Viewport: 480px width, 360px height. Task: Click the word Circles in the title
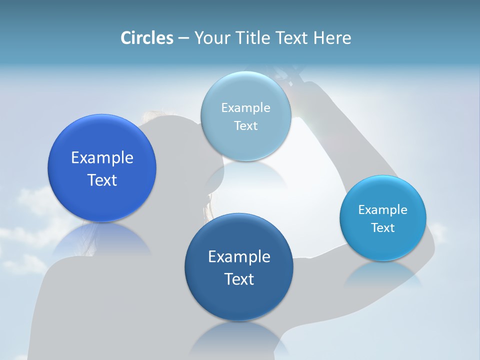146,38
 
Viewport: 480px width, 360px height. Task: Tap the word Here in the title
332,38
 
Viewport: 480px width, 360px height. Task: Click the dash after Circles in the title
183,38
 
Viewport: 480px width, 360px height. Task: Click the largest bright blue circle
102,145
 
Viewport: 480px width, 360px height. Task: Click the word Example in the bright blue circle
102,158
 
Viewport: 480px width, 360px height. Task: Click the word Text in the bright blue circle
102,180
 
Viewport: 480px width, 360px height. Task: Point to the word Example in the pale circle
245,108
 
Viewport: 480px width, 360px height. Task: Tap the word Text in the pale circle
245,126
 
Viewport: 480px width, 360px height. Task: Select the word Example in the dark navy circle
239,257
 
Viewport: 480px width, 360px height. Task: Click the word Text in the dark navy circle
239,279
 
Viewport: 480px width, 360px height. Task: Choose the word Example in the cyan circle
382,210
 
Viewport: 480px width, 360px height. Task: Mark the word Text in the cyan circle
382,228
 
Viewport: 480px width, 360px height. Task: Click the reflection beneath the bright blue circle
102,240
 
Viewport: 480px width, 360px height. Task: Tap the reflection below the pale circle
245,175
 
